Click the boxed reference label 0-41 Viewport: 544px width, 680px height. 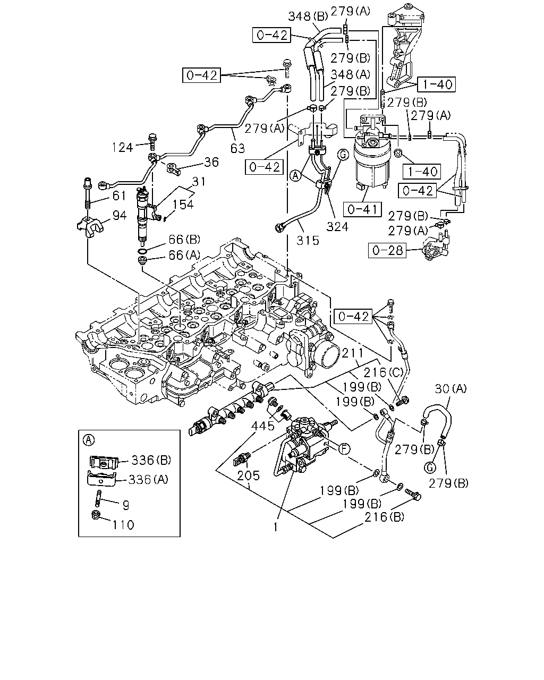[362, 209]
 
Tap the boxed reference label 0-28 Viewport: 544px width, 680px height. [387, 251]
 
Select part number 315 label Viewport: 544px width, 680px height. [308, 241]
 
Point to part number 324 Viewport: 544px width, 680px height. [337, 226]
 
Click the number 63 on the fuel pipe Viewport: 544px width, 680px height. [237, 148]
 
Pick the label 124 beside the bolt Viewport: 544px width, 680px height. [122, 148]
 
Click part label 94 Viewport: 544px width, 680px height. [120, 216]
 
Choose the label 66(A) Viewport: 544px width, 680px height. [184, 255]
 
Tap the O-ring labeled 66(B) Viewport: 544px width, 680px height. [142, 251]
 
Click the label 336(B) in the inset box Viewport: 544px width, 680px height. [151, 460]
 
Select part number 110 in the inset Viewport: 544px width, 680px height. [124, 525]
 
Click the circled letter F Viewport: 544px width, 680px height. [344, 448]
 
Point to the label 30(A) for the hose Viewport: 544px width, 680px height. [450, 389]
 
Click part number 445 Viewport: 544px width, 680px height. [262, 426]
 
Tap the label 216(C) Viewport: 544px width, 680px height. [383, 372]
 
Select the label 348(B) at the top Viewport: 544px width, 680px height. [308, 16]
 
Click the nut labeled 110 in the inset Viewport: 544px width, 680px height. [96, 515]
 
